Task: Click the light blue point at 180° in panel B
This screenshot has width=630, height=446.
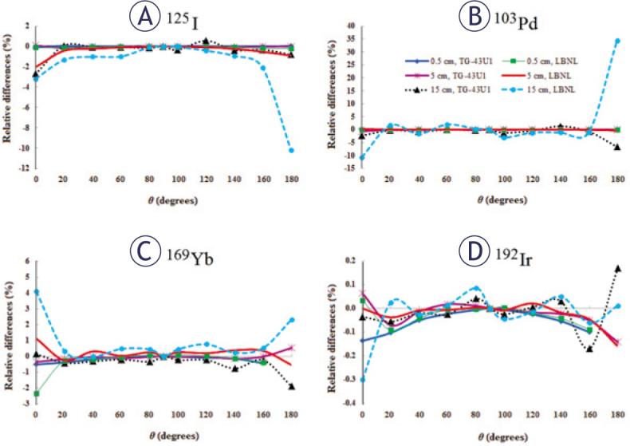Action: pyautogui.click(x=617, y=41)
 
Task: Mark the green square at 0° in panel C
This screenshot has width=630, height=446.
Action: pyautogui.click(x=37, y=393)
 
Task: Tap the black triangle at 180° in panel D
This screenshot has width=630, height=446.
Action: pyautogui.click(x=617, y=269)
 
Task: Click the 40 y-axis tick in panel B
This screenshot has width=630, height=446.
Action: pyautogui.click(x=350, y=26)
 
